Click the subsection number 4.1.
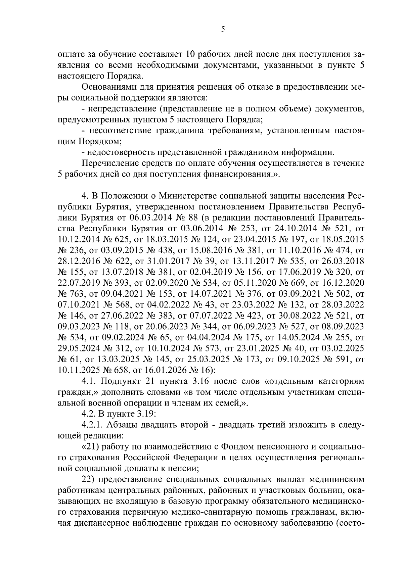coord(89,381)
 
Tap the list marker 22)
coord(89,479)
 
